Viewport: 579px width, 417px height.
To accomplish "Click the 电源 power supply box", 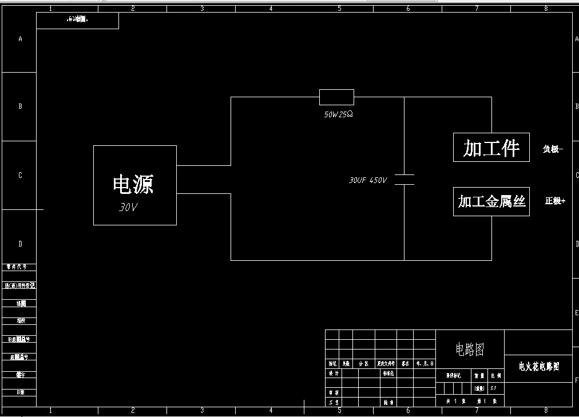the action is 134,184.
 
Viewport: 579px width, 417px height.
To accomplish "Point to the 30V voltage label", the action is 128,208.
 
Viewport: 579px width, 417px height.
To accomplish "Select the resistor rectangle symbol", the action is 336,97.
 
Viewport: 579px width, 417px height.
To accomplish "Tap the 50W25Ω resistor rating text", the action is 338,114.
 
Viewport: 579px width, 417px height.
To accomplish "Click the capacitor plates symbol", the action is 404,179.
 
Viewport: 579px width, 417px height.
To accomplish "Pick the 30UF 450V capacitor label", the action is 368,180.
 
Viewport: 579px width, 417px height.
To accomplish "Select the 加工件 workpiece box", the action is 491,148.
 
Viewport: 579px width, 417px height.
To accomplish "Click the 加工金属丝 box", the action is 491,201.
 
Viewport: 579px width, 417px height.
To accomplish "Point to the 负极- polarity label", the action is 553,149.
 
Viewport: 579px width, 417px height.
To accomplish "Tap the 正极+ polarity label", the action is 555,201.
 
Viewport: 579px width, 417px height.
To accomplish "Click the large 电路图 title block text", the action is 470,349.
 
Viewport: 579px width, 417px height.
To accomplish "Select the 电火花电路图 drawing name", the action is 538,366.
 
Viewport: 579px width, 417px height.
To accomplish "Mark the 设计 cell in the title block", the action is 333,373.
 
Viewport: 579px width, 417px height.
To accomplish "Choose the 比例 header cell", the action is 496,376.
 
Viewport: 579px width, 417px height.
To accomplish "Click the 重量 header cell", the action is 479,376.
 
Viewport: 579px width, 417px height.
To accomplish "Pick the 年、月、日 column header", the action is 425,364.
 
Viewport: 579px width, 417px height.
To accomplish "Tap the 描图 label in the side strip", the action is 21,303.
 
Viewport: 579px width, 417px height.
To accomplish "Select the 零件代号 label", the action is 21,267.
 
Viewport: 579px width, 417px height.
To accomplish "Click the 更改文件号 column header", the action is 386,364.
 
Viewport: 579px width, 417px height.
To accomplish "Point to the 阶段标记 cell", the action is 453,376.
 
